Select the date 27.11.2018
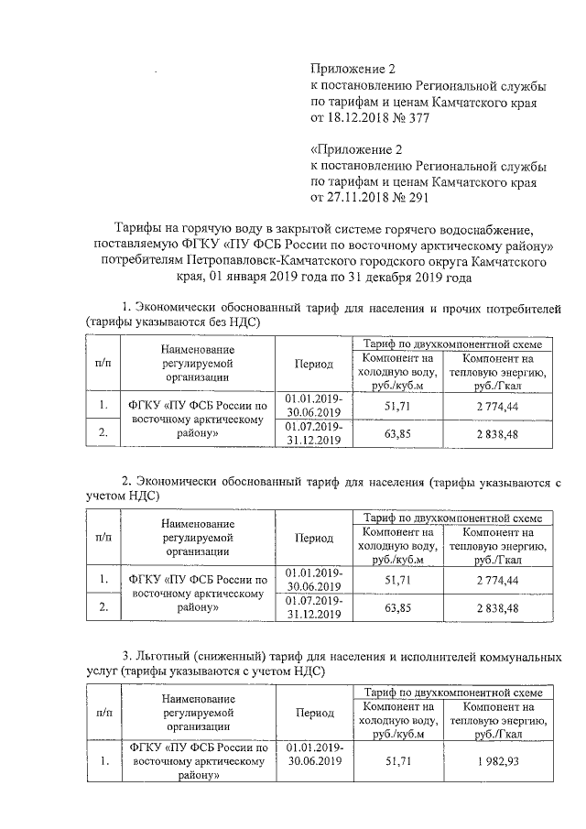361,197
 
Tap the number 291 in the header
417,197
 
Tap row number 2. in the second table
104,606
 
